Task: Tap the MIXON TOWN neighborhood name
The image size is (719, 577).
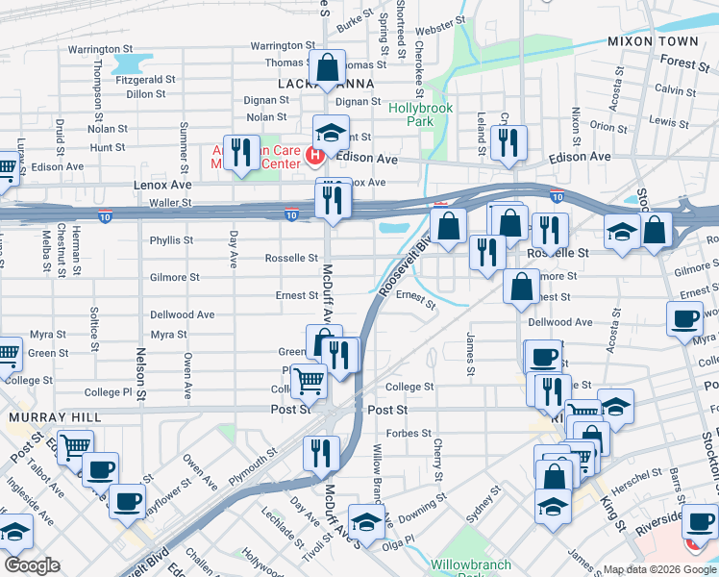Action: click(x=653, y=42)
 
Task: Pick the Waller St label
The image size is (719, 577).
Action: click(x=172, y=204)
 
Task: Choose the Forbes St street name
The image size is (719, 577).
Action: click(x=409, y=434)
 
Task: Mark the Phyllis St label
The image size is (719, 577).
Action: click(x=172, y=240)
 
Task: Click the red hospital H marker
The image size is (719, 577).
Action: click(x=313, y=155)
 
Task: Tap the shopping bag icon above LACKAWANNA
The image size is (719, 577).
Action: click(x=327, y=67)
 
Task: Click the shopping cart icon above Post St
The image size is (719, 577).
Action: click(x=310, y=381)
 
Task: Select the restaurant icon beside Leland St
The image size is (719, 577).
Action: click(x=506, y=142)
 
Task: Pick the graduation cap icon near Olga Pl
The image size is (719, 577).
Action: click(x=365, y=521)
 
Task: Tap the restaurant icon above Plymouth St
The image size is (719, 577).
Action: click(x=321, y=453)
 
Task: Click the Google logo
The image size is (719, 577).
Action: click(x=32, y=565)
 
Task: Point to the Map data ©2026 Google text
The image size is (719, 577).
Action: click(x=658, y=569)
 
